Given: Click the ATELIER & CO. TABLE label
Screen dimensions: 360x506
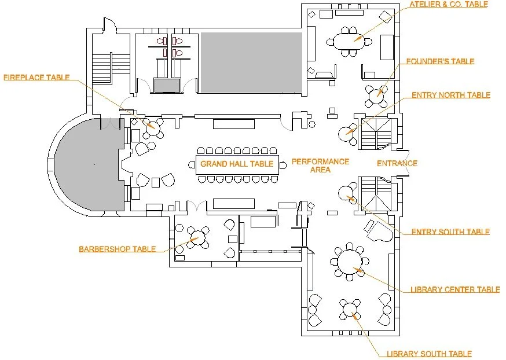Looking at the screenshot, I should (x=448, y=5).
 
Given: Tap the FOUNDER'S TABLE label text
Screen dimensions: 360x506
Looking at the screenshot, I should (x=440, y=61).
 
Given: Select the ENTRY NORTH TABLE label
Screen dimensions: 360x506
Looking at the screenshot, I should (x=450, y=95).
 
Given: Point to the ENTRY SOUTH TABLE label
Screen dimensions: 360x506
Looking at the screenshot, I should (x=450, y=232).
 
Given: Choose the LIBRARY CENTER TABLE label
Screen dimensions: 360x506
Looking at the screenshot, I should (x=454, y=289).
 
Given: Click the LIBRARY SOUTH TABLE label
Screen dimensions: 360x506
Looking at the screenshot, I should (x=429, y=354).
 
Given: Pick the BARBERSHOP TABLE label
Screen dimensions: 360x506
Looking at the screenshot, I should (x=117, y=249).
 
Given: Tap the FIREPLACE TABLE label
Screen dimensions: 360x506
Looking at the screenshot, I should (x=36, y=77).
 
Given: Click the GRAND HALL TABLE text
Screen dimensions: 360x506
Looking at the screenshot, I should (x=237, y=164).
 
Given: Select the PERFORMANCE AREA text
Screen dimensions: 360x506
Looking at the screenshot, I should (x=320, y=166).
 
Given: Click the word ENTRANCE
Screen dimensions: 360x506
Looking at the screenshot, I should (x=397, y=163).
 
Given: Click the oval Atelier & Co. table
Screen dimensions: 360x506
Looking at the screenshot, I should (x=349, y=42).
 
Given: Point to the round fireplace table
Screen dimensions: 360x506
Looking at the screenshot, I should (x=153, y=126).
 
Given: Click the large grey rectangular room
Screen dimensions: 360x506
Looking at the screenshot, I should (x=251, y=63).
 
